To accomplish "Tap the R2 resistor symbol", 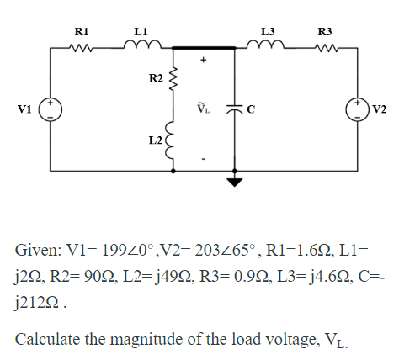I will tap(175, 80).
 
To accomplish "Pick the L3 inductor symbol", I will tap(269, 49).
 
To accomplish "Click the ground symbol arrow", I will tap(236, 180).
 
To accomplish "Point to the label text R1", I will tap(83, 31).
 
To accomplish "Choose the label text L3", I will tap(269, 31).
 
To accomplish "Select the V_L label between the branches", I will tap(203, 106).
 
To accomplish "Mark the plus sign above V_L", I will tap(203, 61).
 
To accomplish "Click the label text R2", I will tap(156, 79).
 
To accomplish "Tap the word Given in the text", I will tap(36, 251).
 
